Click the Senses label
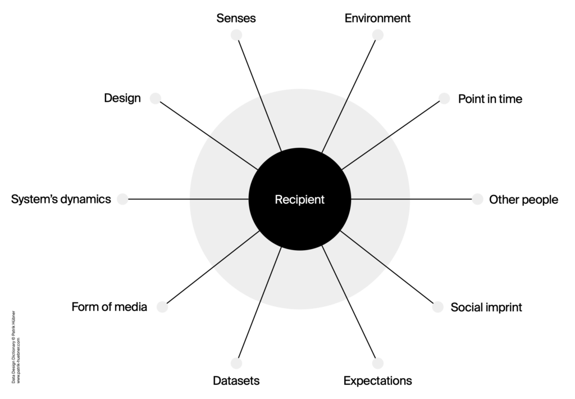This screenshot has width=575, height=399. coord(236,18)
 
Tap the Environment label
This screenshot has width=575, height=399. coord(377,18)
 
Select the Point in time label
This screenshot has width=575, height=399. coord(490,99)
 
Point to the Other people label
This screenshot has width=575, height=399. coord(523,199)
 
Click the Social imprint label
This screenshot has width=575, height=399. coord(486,307)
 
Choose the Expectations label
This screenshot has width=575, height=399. coord(377,381)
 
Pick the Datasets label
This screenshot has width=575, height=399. coord(236,381)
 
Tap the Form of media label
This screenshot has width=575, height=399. coord(109,307)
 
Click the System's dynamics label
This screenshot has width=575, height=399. coord(61,199)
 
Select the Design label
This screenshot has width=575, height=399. coord(122,98)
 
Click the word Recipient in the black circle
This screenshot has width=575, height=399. coord(299,199)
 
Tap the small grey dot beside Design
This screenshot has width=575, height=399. coord(156,98)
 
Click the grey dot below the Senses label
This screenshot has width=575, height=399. coord(236,35)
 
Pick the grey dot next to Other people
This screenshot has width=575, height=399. coord(477,199)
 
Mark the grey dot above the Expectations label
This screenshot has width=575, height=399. coord(377,363)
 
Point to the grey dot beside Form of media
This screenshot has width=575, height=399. coord(162,307)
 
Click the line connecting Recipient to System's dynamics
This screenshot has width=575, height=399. coord(188,199)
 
